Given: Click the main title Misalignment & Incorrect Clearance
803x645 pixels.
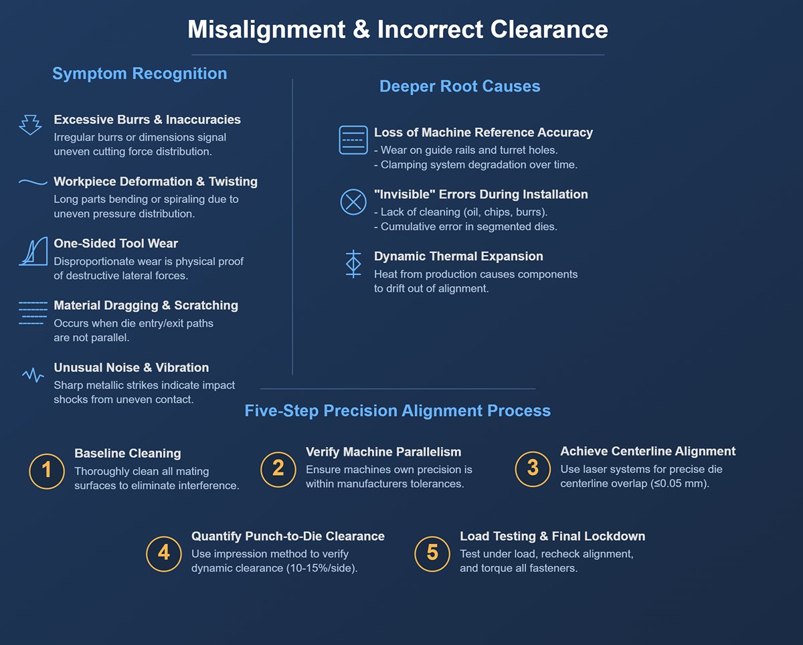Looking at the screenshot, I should (397, 30).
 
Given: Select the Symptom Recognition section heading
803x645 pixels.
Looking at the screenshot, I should (139, 74).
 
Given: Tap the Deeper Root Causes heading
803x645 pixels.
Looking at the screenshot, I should (460, 86).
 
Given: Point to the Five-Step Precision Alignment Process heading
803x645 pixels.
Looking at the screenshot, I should (397, 410).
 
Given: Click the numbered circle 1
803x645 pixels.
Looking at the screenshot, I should (46, 470).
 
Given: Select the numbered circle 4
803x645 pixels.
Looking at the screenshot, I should (163, 553).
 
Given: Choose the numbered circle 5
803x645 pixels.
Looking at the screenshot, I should (432, 553).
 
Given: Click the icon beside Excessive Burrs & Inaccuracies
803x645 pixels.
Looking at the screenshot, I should (30, 125).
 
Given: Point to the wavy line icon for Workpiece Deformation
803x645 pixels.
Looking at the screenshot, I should (33, 182).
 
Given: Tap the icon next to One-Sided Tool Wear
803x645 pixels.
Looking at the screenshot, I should (33, 251).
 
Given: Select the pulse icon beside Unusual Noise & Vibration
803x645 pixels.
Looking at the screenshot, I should (33, 375).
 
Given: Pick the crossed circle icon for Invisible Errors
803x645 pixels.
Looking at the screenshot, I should (353, 202).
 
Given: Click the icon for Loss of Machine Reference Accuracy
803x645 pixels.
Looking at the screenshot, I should (353, 140).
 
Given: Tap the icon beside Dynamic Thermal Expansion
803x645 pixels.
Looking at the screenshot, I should (353, 264).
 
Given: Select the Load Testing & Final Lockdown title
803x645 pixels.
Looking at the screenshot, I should (552, 536).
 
